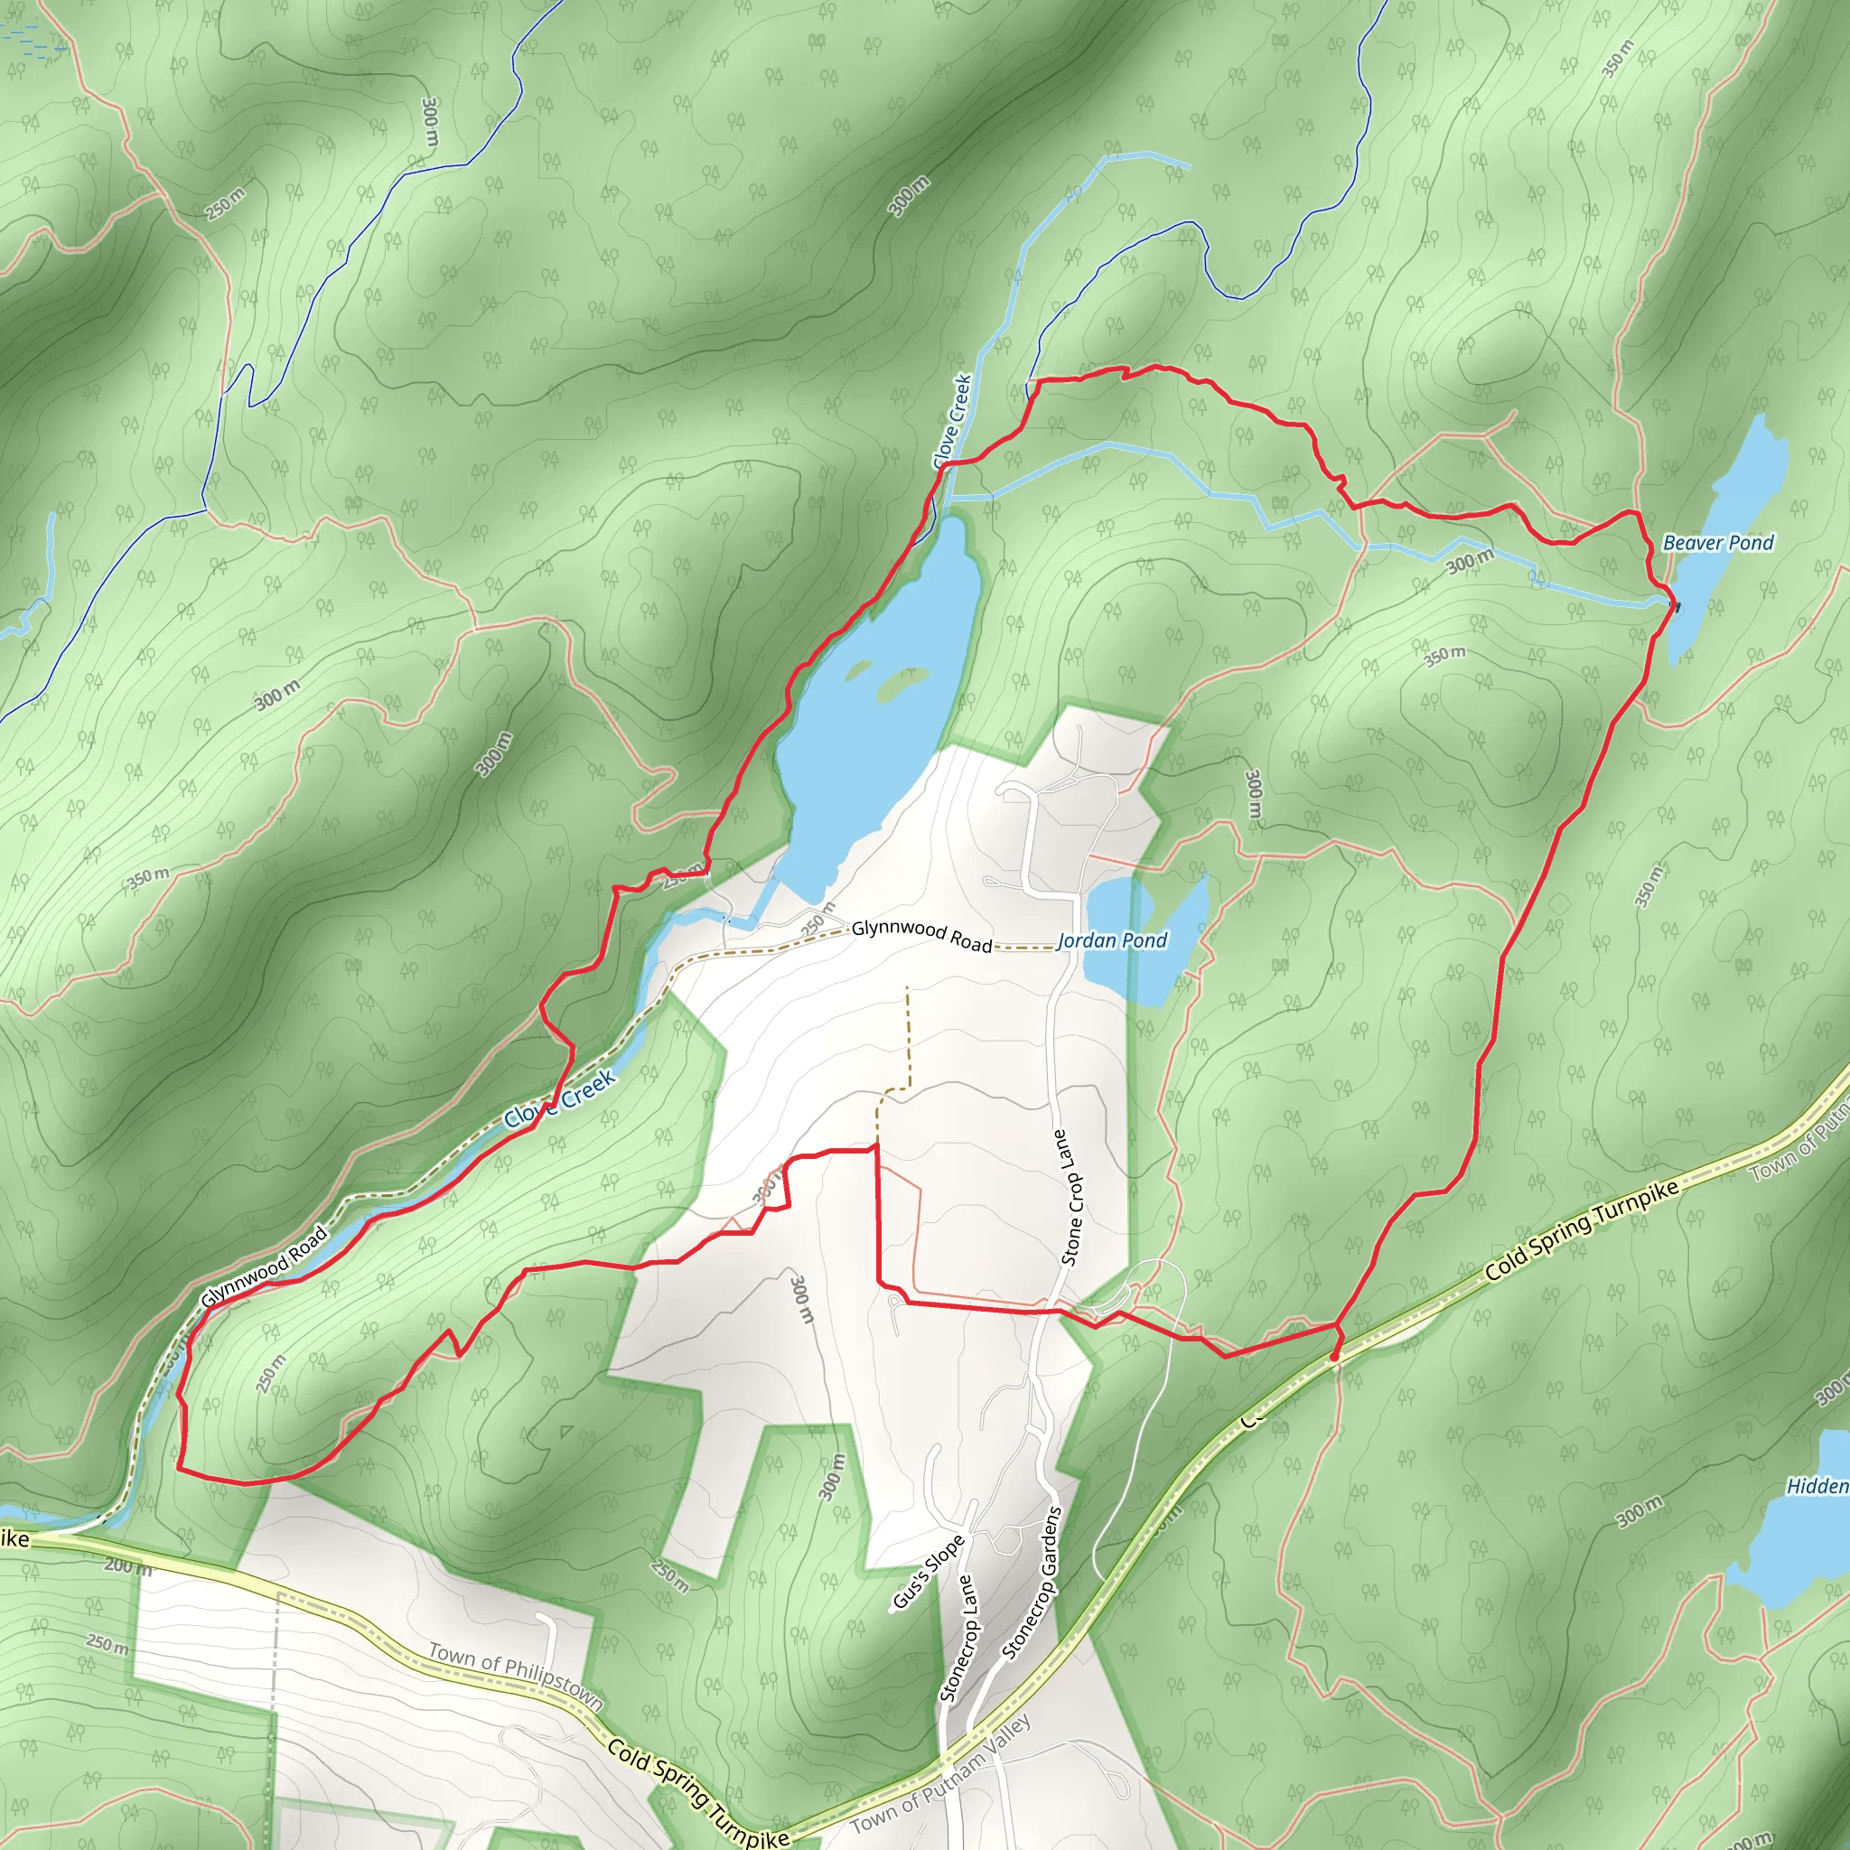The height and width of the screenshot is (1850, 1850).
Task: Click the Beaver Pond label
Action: click(x=1718, y=543)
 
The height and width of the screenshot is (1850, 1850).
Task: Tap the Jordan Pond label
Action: click(x=1112, y=940)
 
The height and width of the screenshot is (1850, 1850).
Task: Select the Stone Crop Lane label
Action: click(x=1070, y=1197)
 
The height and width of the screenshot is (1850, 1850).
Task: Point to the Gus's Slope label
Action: click(x=927, y=1574)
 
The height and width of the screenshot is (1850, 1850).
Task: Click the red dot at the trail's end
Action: click(x=1334, y=1357)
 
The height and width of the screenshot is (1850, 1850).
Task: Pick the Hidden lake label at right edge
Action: click(x=1817, y=1486)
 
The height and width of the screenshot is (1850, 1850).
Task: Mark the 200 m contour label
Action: click(x=127, y=1567)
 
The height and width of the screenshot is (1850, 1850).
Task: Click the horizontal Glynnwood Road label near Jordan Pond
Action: click(x=921, y=936)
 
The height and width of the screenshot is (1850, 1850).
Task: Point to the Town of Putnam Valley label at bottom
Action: click(x=940, y=1773)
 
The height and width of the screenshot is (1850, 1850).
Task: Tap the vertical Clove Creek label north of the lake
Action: click(x=953, y=421)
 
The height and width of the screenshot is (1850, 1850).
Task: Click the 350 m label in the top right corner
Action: click(x=1618, y=60)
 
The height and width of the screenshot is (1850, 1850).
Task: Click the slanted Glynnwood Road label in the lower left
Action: click(x=265, y=1267)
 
